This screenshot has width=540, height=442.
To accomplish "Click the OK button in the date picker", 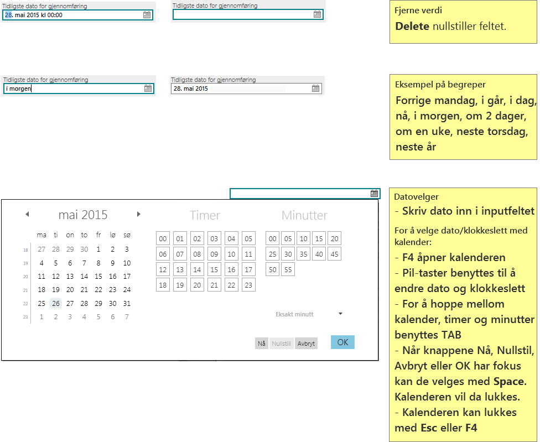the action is pyautogui.click(x=342, y=342).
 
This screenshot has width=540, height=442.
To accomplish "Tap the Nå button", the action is pyautogui.click(x=262, y=343).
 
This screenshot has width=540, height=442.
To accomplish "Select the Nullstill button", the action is pyautogui.click(x=282, y=343).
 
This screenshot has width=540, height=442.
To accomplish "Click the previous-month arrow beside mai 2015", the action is pyautogui.click(x=27, y=214).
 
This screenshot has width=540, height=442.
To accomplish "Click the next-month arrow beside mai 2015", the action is pyautogui.click(x=139, y=214).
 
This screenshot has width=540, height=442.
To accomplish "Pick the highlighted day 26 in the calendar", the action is pyautogui.click(x=56, y=303).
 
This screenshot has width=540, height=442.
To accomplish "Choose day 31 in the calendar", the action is pyautogui.click(x=127, y=303).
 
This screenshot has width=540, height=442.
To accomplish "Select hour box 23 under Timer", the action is pyautogui.click(x=248, y=285).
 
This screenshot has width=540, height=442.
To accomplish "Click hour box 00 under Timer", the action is pyautogui.click(x=163, y=238).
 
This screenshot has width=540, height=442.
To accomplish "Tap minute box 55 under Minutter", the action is pyautogui.click(x=288, y=269).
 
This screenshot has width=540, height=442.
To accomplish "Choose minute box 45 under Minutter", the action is pyautogui.click(x=334, y=254).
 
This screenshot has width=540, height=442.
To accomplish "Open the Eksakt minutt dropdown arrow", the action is pyautogui.click(x=341, y=314).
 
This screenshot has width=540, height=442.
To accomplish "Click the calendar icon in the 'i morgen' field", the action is pyautogui.click(x=148, y=89).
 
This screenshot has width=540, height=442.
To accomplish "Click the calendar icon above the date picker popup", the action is pyautogui.click(x=375, y=194).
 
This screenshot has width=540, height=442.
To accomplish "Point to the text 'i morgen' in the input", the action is pyautogui.click(x=19, y=89).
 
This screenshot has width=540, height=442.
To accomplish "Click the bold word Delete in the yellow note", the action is pyautogui.click(x=412, y=26).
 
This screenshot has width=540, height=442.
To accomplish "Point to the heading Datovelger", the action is pyautogui.click(x=417, y=197).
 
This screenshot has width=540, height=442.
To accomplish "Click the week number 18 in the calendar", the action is pyautogui.click(x=25, y=250).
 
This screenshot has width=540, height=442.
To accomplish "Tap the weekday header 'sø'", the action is pyautogui.click(x=127, y=235).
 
